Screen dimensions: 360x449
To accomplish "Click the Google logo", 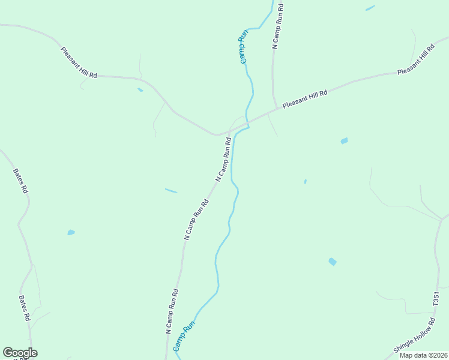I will tap(20, 353).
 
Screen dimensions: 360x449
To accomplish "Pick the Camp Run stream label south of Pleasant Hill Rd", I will tap(184, 337).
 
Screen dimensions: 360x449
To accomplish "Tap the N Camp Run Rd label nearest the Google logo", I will tap(172, 311).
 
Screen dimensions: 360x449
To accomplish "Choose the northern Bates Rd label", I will tap(20, 180).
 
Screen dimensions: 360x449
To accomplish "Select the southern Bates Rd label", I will tap(25, 308).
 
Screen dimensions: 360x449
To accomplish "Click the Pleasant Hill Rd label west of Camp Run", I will tap(79, 62).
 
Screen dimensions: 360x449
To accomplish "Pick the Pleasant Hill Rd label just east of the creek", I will tap(305, 98).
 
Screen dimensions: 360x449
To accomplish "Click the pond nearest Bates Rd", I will tap(71, 232).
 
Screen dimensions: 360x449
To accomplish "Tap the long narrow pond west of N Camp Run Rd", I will tap(171, 191).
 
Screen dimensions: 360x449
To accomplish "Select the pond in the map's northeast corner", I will tap(370, 8).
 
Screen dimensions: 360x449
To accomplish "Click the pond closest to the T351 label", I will tap(333, 262).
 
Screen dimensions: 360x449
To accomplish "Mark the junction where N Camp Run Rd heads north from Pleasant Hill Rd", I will tap(276, 110).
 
